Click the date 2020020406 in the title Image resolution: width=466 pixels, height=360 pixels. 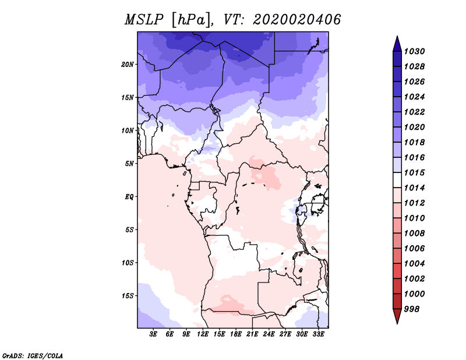296,20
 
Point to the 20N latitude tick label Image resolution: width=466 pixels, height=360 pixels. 128,64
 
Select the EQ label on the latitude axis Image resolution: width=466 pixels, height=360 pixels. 129,197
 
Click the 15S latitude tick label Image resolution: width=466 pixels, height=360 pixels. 128,296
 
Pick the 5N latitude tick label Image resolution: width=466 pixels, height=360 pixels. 129,164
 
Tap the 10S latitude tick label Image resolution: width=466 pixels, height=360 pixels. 128,263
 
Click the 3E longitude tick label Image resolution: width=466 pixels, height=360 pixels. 154,335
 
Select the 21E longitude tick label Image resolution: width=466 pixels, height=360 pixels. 253,335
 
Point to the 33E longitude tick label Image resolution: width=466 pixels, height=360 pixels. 319,335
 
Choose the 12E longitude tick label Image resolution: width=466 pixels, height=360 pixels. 203,335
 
